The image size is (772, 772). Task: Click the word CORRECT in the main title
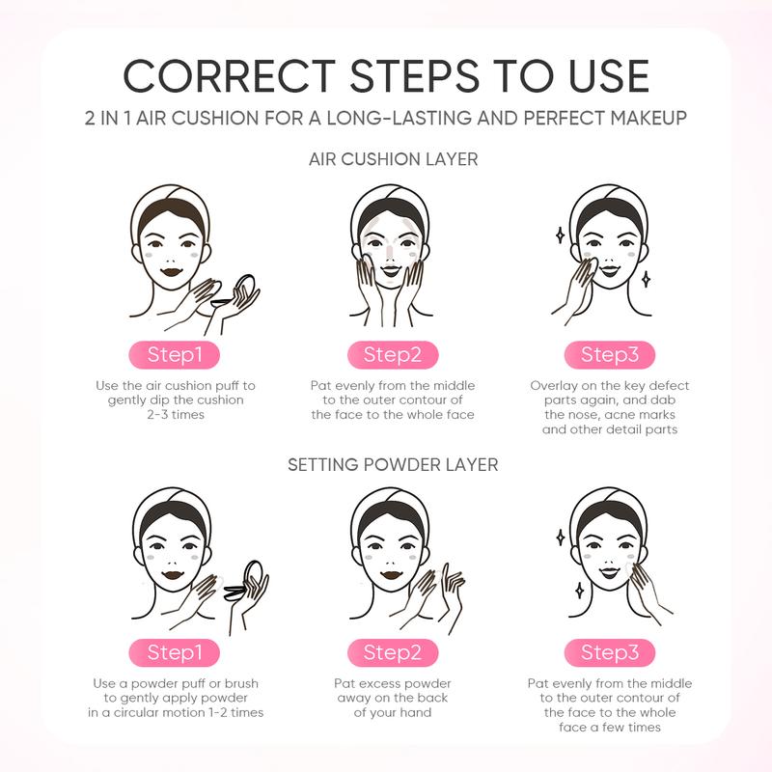(x=230, y=76)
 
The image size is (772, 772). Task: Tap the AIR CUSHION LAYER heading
(x=394, y=159)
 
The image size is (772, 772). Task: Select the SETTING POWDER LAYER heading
(x=393, y=465)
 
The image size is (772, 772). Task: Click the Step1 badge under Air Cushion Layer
(x=175, y=354)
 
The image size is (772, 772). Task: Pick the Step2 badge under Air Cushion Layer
(x=393, y=354)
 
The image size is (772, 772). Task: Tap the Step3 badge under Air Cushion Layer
(x=610, y=354)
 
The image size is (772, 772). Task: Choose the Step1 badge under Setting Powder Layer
(x=175, y=652)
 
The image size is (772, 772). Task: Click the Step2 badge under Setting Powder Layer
(x=393, y=652)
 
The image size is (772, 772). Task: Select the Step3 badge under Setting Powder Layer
(x=610, y=652)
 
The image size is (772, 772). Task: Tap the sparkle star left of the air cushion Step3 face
(x=560, y=235)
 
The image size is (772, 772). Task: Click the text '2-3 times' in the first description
(x=176, y=415)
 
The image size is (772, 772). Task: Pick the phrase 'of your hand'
(x=393, y=712)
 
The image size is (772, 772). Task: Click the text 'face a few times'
(x=610, y=728)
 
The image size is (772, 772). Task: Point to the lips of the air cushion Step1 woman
(x=172, y=272)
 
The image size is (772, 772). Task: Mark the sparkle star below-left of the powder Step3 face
(x=580, y=591)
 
